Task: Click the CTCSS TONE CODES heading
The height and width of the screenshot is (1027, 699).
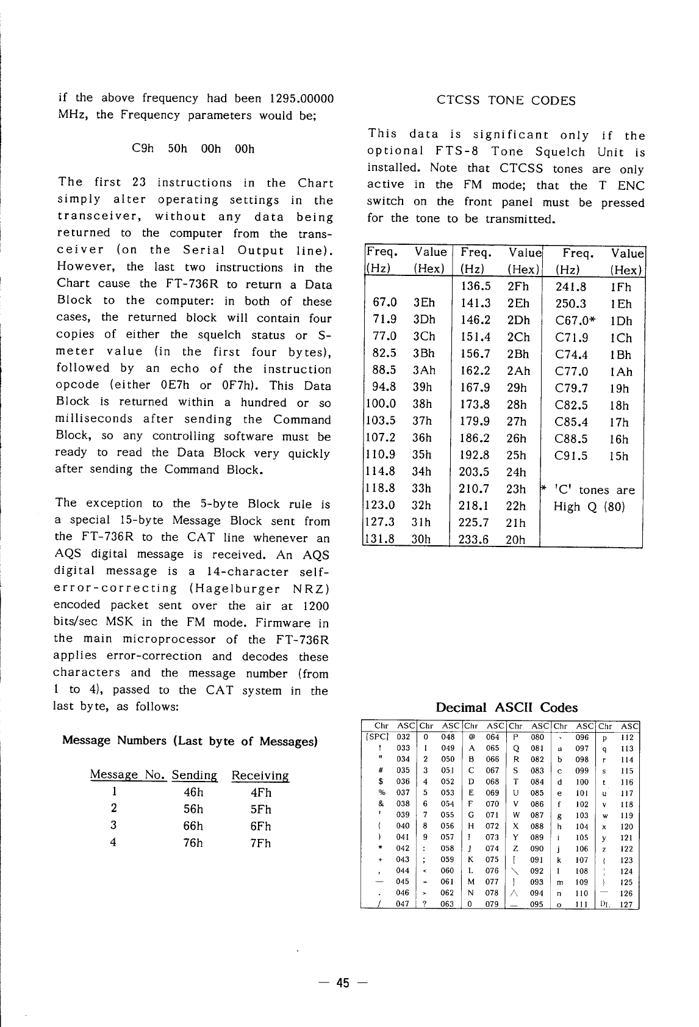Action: (x=506, y=101)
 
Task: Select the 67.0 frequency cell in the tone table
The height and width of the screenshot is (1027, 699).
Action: (x=385, y=303)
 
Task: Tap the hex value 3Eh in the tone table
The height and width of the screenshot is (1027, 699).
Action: (x=424, y=303)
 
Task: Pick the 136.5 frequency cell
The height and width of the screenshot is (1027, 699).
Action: (x=476, y=286)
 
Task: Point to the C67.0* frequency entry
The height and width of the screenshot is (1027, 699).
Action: (x=575, y=321)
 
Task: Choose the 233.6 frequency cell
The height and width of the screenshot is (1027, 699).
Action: (x=475, y=539)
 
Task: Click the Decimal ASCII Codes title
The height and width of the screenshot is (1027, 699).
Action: (x=506, y=708)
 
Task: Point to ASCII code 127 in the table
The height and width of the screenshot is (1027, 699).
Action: (x=626, y=904)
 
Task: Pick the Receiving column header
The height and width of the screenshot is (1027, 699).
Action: (x=260, y=775)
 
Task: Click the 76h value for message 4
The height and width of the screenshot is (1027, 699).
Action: (x=193, y=843)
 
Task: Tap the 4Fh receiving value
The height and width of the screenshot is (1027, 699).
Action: (x=260, y=793)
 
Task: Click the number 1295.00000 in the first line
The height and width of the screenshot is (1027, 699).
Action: (x=301, y=98)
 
